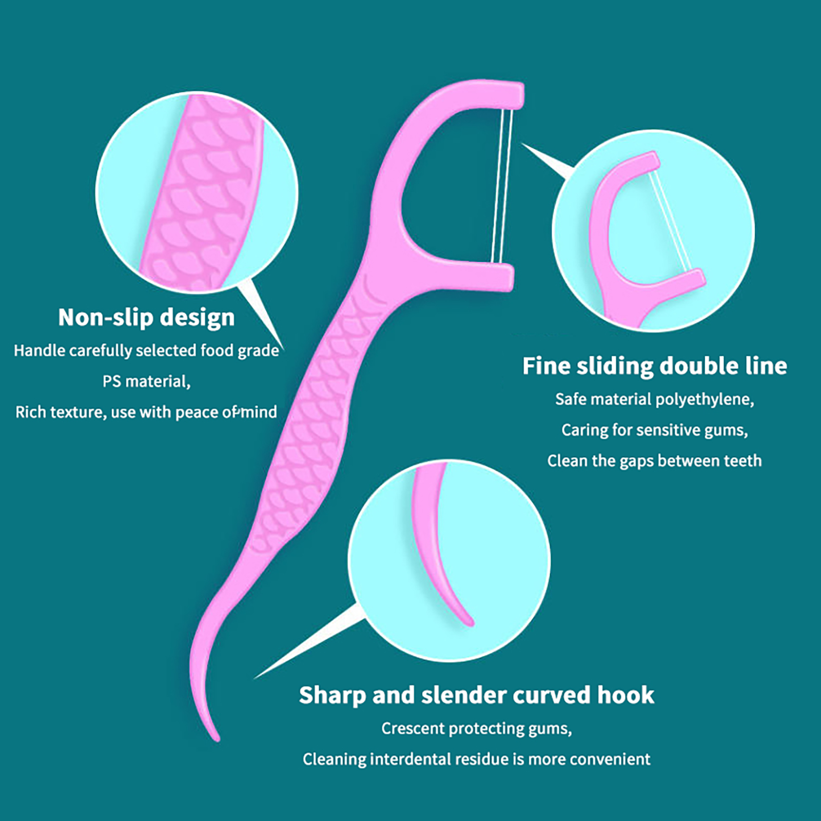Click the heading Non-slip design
[146, 318]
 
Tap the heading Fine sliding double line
[655, 366]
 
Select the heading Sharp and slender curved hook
[477, 695]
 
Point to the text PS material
[146, 381]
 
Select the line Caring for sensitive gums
[655, 430]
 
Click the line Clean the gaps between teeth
[655, 461]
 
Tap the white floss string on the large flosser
[501, 186]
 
